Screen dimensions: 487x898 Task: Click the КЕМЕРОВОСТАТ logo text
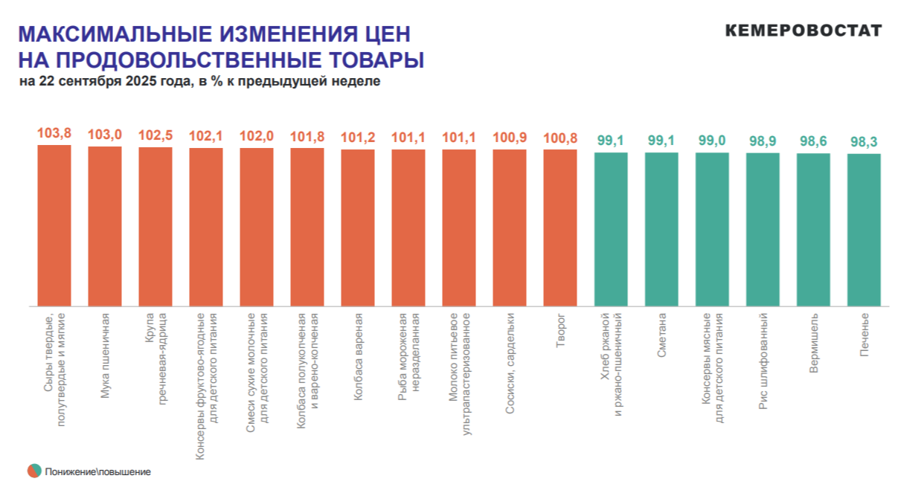(x=803, y=30)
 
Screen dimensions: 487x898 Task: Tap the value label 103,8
(x=54, y=133)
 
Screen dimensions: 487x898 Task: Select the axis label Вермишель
(x=814, y=343)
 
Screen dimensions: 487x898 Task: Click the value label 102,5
(x=155, y=135)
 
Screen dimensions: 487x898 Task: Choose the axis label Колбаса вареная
(x=358, y=349)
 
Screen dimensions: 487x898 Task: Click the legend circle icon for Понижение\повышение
(x=34, y=471)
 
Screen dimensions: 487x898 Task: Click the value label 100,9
(x=510, y=138)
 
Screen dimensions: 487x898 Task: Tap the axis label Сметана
(x=661, y=335)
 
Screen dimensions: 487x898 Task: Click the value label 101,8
(x=307, y=136)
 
